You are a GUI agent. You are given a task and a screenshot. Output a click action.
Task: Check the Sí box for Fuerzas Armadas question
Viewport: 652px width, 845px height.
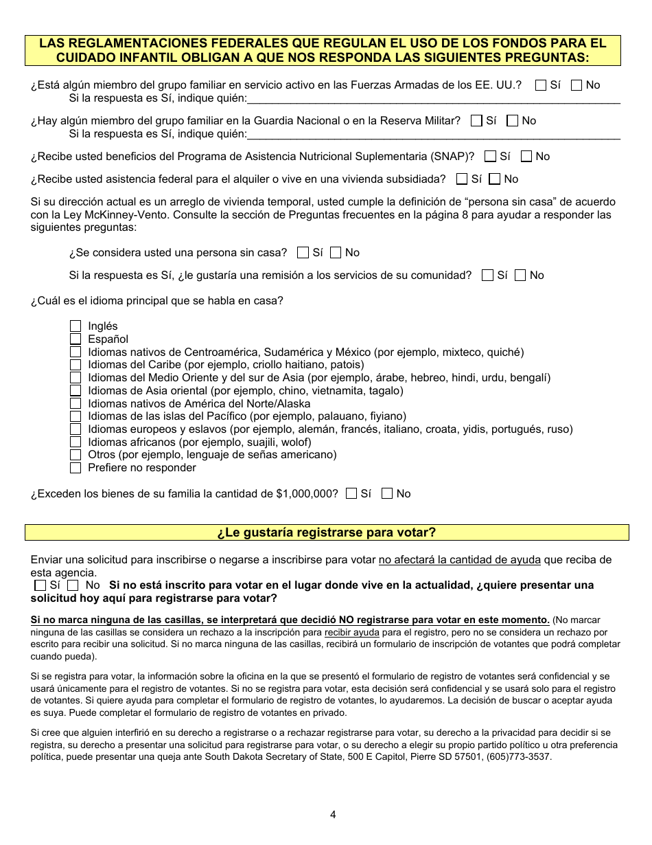click(x=541, y=85)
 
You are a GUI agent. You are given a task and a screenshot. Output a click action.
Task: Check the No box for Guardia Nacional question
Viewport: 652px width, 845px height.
click(x=512, y=121)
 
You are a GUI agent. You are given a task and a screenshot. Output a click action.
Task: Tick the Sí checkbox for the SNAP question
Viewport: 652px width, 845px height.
click(x=490, y=157)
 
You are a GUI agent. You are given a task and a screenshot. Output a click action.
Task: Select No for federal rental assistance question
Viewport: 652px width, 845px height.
click(x=495, y=179)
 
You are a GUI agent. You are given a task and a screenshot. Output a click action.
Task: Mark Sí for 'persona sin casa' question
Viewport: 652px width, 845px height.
click(x=303, y=253)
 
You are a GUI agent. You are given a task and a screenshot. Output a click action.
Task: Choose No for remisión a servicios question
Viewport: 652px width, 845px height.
click(x=520, y=275)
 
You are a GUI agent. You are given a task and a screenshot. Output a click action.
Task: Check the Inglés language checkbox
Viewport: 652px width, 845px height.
click(x=75, y=326)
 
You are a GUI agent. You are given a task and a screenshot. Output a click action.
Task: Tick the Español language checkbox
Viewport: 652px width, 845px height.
click(x=75, y=339)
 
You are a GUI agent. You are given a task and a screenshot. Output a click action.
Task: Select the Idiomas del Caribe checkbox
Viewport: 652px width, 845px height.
click(x=75, y=365)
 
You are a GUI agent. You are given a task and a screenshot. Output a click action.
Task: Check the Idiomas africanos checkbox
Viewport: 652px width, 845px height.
click(x=75, y=442)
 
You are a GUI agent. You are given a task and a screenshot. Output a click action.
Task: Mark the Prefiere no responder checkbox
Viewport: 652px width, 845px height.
click(x=75, y=468)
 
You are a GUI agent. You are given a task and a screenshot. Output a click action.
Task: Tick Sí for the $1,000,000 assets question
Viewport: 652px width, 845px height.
click(x=351, y=493)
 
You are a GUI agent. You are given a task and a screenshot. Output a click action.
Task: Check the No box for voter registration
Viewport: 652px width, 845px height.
click(x=73, y=585)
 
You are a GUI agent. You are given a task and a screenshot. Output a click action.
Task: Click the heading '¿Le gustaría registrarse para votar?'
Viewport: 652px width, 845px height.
click(x=327, y=532)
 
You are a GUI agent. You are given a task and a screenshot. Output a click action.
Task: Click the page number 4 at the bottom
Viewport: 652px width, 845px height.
click(x=333, y=815)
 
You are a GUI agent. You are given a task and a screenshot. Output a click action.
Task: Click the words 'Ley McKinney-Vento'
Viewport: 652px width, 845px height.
click(x=97, y=215)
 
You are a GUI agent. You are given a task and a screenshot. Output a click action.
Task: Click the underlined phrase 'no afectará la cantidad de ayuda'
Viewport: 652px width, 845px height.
click(x=459, y=560)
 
